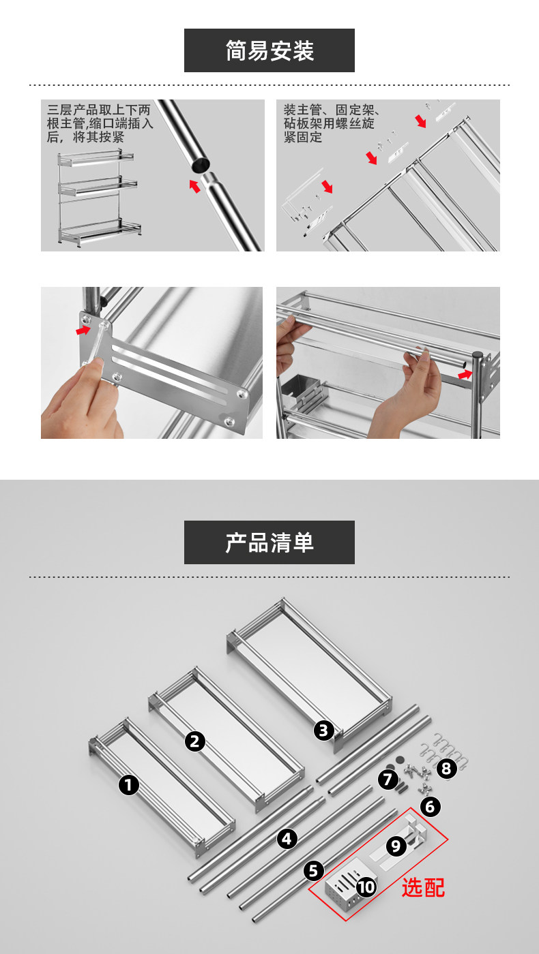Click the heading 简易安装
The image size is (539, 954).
coord(269,50)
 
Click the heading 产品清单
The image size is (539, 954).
coord(269,542)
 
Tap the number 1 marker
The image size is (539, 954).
coord(129,784)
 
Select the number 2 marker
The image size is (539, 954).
coord(195,741)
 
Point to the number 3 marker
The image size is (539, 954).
coord(324,730)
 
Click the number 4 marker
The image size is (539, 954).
coord(287,839)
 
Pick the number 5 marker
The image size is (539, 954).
coord(314,871)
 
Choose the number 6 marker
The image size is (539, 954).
coord(431,807)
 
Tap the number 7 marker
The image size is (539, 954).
coord(388,780)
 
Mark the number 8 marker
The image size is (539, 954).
coord(447,769)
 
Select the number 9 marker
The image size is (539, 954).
coord(396,846)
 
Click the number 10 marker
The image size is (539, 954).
coord(366,887)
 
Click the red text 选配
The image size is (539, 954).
coord(423,888)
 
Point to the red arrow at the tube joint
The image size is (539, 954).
coord(195,185)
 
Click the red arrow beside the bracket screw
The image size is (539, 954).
coord(83,330)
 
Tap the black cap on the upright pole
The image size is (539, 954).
coord(477,354)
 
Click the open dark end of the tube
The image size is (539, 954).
coord(200,165)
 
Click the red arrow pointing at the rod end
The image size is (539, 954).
coord(465,375)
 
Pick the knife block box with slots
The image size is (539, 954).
coord(346,889)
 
